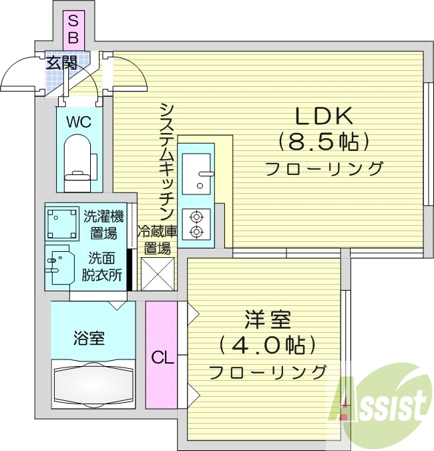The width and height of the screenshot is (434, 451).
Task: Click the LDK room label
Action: pyautogui.click(x=324, y=116)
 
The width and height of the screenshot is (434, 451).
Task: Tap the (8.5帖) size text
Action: pyautogui.click(x=324, y=142)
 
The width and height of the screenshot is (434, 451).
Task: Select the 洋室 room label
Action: pyautogui.click(x=267, y=320)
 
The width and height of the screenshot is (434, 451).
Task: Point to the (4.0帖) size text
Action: pyautogui.click(x=267, y=345)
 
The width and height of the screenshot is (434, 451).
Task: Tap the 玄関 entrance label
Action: pyautogui.click(x=61, y=63)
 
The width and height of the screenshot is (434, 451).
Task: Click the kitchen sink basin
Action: pyautogui.click(x=196, y=171)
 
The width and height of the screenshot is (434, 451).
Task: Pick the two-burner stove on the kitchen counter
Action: pyautogui.click(x=196, y=224)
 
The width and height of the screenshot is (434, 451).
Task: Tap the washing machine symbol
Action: pyautogui.click(x=61, y=222)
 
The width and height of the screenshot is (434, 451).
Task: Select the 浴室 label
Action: pyautogui.click(x=88, y=338)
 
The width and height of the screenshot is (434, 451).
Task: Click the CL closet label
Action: pyautogui.click(x=162, y=357)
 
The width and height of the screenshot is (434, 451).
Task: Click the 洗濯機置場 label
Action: pyautogui.click(x=103, y=224)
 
